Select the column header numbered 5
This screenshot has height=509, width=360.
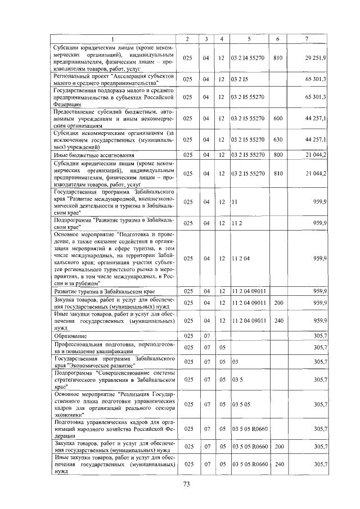click(248, 38)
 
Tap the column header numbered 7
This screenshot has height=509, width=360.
click(306, 38)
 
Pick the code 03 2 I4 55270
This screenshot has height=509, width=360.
click(247, 58)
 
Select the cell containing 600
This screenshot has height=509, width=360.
click(277, 118)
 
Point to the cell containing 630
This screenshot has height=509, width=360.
click(277, 139)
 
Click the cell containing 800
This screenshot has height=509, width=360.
click(277, 154)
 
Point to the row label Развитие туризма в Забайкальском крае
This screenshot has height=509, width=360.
click(104, 291)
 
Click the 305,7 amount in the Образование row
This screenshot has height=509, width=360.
click(321, 336)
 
